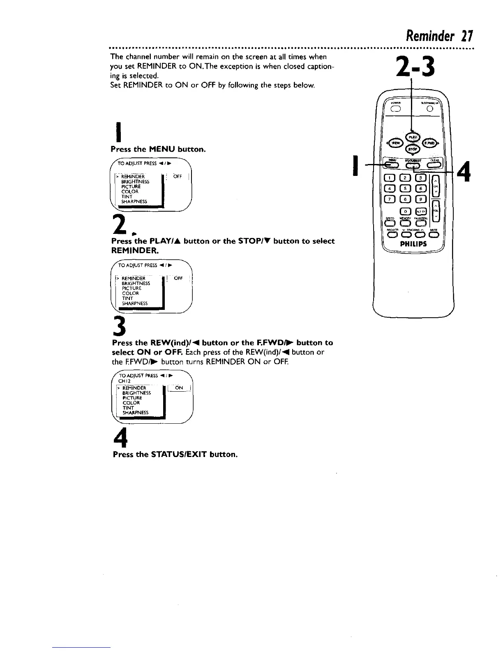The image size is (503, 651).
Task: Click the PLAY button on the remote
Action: coord(411,137)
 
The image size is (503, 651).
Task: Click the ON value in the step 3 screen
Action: coord(179,388)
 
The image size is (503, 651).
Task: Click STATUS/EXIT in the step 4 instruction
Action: coord(179,455)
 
